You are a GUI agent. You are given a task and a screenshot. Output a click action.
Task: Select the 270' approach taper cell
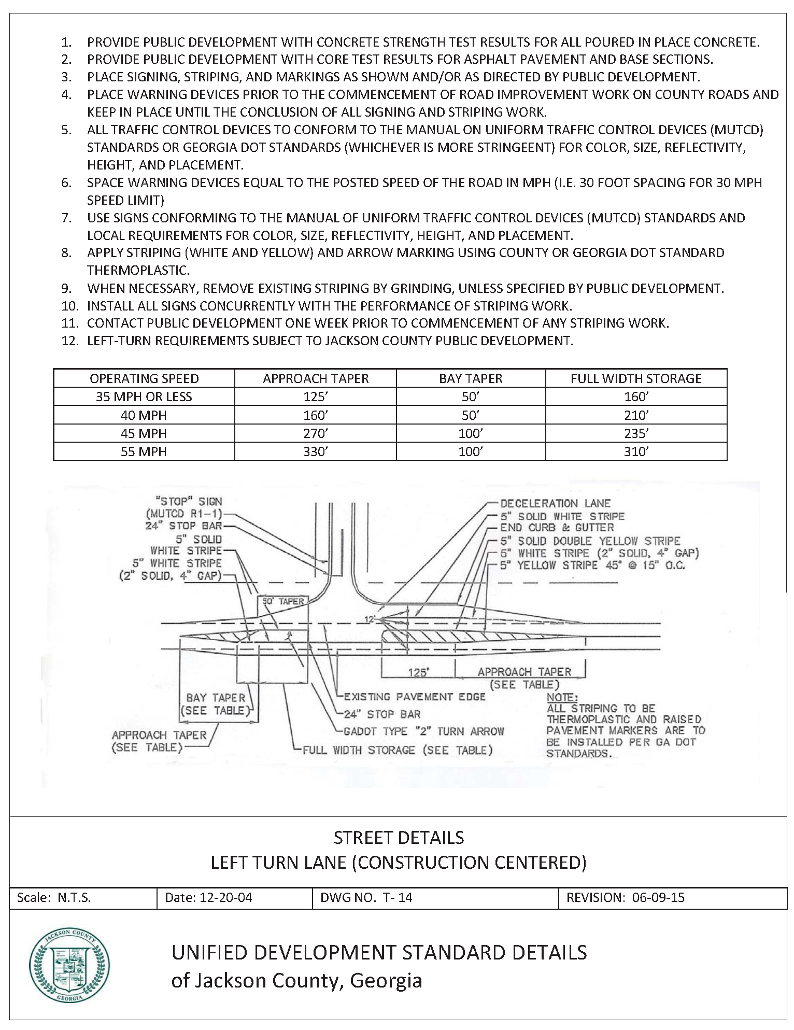pos(315,433)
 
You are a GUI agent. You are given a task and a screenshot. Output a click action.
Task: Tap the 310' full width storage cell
pos(636,451)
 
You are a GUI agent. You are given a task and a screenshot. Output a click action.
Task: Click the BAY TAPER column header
pos(471,378)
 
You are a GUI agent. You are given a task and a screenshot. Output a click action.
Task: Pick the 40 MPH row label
pos(144,415)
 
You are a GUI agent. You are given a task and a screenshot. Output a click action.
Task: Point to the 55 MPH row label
pos(144,451)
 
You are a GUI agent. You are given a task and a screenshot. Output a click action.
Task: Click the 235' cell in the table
pos(636,433)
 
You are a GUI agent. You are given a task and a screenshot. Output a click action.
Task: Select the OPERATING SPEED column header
pos(144,378)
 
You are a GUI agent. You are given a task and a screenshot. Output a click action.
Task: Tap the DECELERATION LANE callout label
pos(555,503)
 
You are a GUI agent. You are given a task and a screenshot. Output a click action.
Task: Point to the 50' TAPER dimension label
pos(283,601)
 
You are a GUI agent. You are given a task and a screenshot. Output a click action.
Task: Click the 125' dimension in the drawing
pos(418,672)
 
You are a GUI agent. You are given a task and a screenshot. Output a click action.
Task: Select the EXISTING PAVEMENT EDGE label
pos(414,697)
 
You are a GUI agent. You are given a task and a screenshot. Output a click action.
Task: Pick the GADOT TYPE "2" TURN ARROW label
pos(423,731)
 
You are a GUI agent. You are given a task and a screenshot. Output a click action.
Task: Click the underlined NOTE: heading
pos(562,697)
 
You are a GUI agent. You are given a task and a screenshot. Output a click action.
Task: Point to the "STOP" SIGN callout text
pos(189,501)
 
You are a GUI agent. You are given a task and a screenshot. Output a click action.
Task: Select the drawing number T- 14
pos(398,897)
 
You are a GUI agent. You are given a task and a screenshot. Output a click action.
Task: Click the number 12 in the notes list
pos(69,341)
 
